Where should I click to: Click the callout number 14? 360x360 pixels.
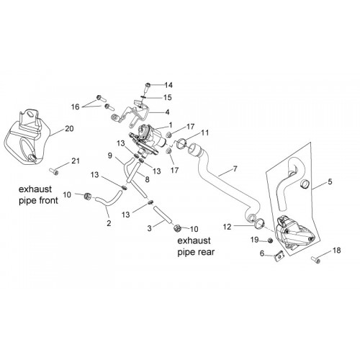(x=168, y=85)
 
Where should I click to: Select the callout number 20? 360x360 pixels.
(x=69, y=129)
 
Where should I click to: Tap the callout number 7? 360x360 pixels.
(x=235, y=168)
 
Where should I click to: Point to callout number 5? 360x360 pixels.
(x=330, y=182)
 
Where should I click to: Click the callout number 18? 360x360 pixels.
(x=337, y=251)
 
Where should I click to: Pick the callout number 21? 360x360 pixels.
(x=76, y=161)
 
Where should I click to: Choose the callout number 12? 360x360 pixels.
(x=227, y=227)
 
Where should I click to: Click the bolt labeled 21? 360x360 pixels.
(x=53, y=171)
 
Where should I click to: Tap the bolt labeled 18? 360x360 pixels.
(x=315, y=260)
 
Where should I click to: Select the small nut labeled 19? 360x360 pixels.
(x=269, y=240)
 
